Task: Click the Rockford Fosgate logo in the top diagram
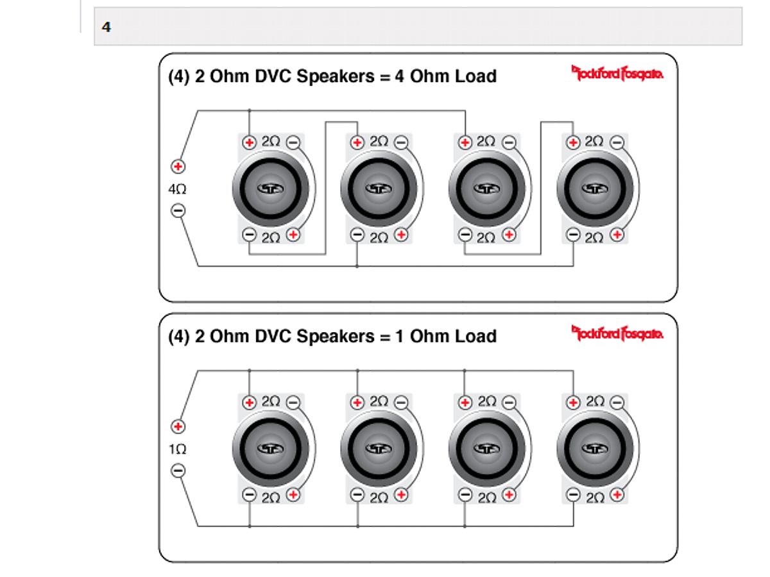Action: pos(617,73)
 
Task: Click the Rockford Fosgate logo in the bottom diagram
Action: pos(617,333)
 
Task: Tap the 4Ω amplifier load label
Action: pos(177,189)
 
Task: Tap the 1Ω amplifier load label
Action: pos(178,449)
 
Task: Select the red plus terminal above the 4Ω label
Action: pos(178,167)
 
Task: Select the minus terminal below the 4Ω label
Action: pos(178,210)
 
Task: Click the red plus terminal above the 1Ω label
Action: pos(178,426)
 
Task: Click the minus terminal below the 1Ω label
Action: pos(178,471)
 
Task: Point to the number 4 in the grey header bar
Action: pos(107,27)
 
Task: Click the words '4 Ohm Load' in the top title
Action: pos(446,76)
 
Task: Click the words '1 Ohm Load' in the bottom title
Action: pos(446,336)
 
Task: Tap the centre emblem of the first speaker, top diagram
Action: pos(271,188)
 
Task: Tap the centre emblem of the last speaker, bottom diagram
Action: pos(595,448)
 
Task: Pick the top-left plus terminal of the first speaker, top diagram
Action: pos(250,142)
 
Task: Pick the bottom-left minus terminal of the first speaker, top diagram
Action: pos(250,235)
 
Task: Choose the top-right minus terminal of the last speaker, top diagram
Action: pos(617,142)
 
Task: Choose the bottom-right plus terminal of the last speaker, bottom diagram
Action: pos(617,495)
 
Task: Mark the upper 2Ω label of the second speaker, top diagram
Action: pos(379,142)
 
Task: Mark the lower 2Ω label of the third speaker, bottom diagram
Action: pos(487,498)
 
